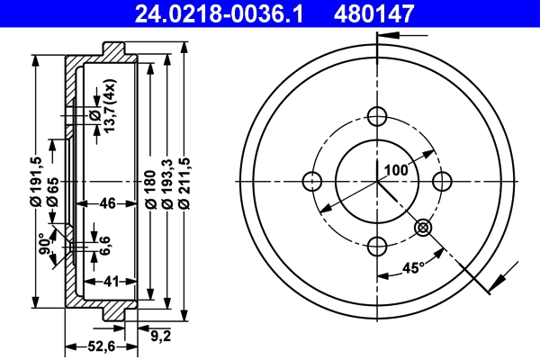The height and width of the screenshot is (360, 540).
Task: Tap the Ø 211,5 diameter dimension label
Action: click(x=184, y=183)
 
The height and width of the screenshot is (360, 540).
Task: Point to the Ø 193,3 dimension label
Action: click(x=167, y=183)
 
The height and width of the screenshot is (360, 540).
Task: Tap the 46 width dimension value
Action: click(x=107, y=203)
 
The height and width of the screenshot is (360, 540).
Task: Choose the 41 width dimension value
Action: click(x=112, y=282)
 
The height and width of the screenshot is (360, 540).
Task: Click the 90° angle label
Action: click(x=43, y=245)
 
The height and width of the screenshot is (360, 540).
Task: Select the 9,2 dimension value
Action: click(x=161, y=337)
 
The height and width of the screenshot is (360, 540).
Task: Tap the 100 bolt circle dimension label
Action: click(x=396, y=168)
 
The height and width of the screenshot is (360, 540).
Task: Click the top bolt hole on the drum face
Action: click(x=378, y=115)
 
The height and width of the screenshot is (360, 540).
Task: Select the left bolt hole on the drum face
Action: click(x=313, y=180)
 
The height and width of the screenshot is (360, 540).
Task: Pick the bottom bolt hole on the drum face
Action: click(x=378, y=245)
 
